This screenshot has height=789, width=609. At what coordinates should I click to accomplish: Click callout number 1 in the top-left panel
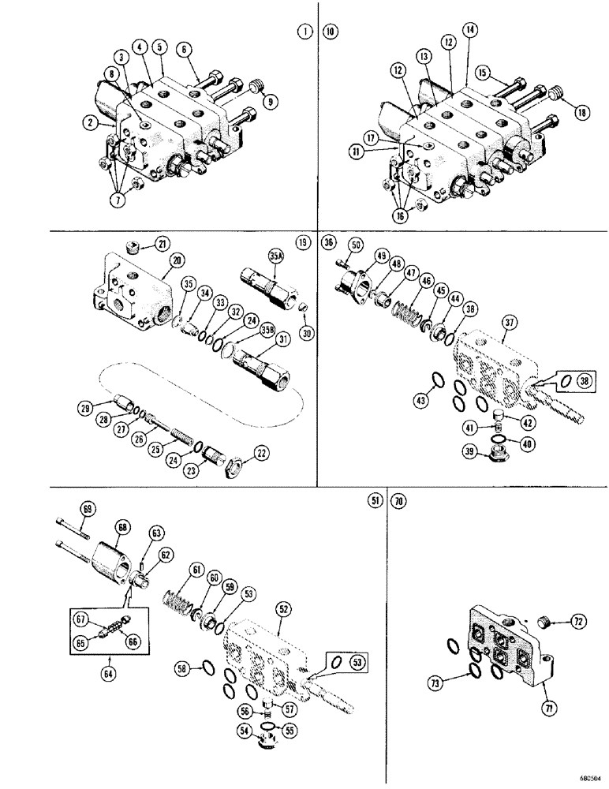[301, 32]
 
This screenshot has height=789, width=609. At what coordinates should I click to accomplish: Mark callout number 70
[400, 499]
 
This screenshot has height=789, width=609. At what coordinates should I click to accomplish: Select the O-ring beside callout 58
[206, 669]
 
